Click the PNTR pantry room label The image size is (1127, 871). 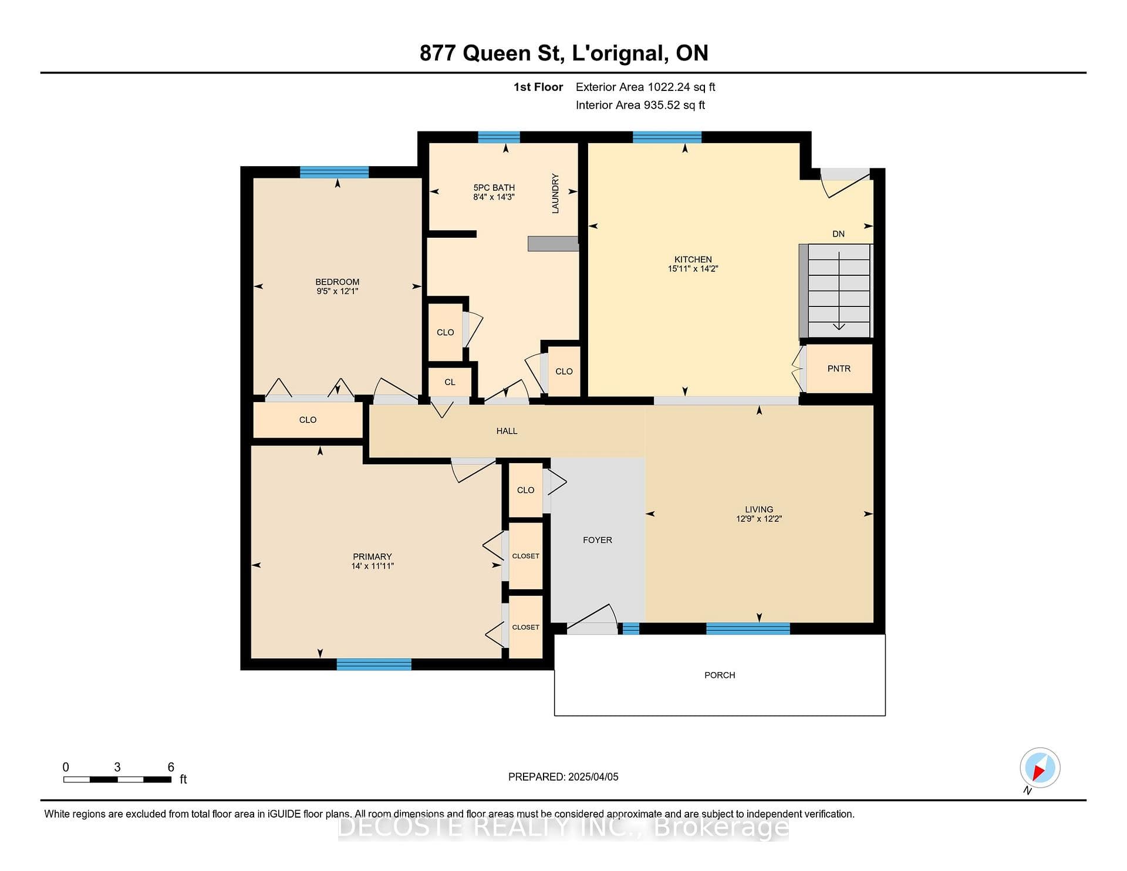[839, 369]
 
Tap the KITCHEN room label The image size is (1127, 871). [693, 259]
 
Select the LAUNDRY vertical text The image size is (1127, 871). [555, 193]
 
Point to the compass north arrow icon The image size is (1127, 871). [1040, 768]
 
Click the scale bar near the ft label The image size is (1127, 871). [117, 779]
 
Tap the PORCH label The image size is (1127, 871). [720, 676]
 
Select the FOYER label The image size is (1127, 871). [598, 540]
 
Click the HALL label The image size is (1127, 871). [507, 431]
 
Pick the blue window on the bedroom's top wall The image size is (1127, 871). [335, 172]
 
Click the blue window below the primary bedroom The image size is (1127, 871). [374, 664]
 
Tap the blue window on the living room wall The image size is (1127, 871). [748, 629]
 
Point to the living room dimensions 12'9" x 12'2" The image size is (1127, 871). [759, 519]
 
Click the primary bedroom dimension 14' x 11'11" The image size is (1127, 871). [372, 566]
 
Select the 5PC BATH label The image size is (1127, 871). [494, 188]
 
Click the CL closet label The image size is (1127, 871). [450, 382]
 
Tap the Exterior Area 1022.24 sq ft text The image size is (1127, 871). [646, 87]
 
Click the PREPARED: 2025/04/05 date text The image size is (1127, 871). [563, 777]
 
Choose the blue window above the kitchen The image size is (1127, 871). [667, 137]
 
